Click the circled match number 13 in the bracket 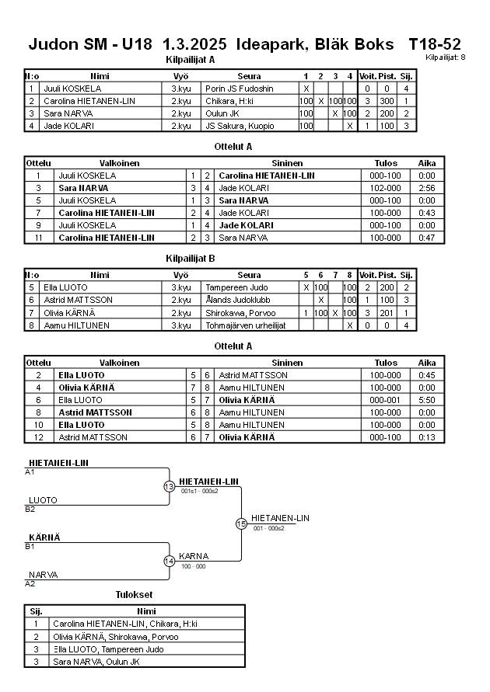[x=169, y=486]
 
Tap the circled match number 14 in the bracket [x=169, y=561]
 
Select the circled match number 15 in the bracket [x=241, y=524]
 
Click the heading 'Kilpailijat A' [x=191, y=60]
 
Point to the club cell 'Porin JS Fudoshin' [x=239, y=89]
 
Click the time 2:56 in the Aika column [x=427, y=188]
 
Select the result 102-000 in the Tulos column [x=386, y=188]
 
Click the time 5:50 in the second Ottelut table [x=427, y=400]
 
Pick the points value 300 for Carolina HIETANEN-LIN [x=387, y=101]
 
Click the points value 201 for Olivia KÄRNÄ [x=387, y=312]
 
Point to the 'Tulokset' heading [x=135, y=595]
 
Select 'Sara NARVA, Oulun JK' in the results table [x=96, y=662]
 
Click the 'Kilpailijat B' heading [x=191, y=259]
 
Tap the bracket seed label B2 [x=30, y=509]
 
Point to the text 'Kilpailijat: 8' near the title [x=446, y=57]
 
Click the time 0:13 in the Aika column [x=427, y=437]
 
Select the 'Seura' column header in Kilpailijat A [x=249, y=76]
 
